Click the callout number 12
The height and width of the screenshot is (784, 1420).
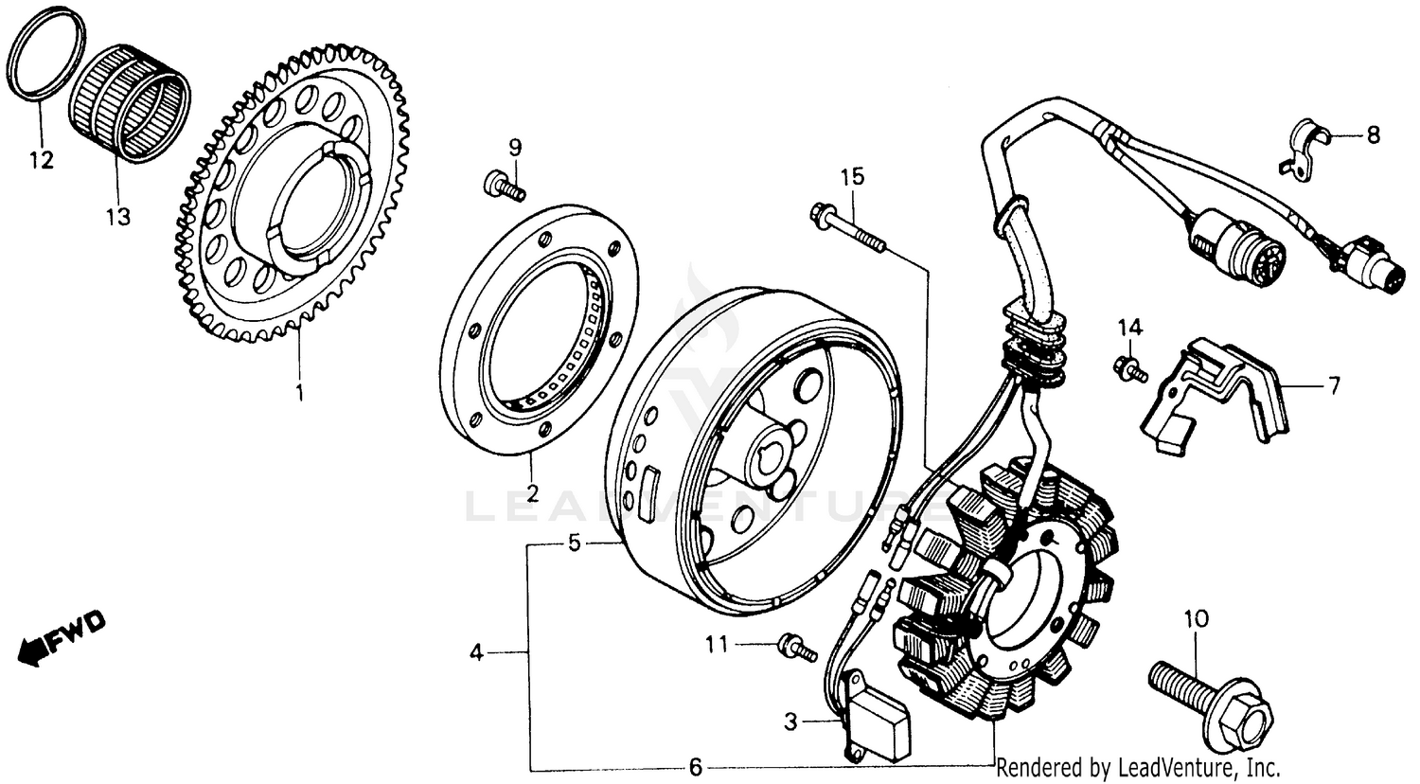[40, 160]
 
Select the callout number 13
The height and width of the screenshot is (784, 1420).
[117, 217]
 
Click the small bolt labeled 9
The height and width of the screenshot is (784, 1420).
[503, 185]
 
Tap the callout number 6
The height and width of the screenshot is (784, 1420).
[695, 767]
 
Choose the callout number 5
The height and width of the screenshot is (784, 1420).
[573, 543]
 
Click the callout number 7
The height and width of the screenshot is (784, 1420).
[1333, 385]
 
